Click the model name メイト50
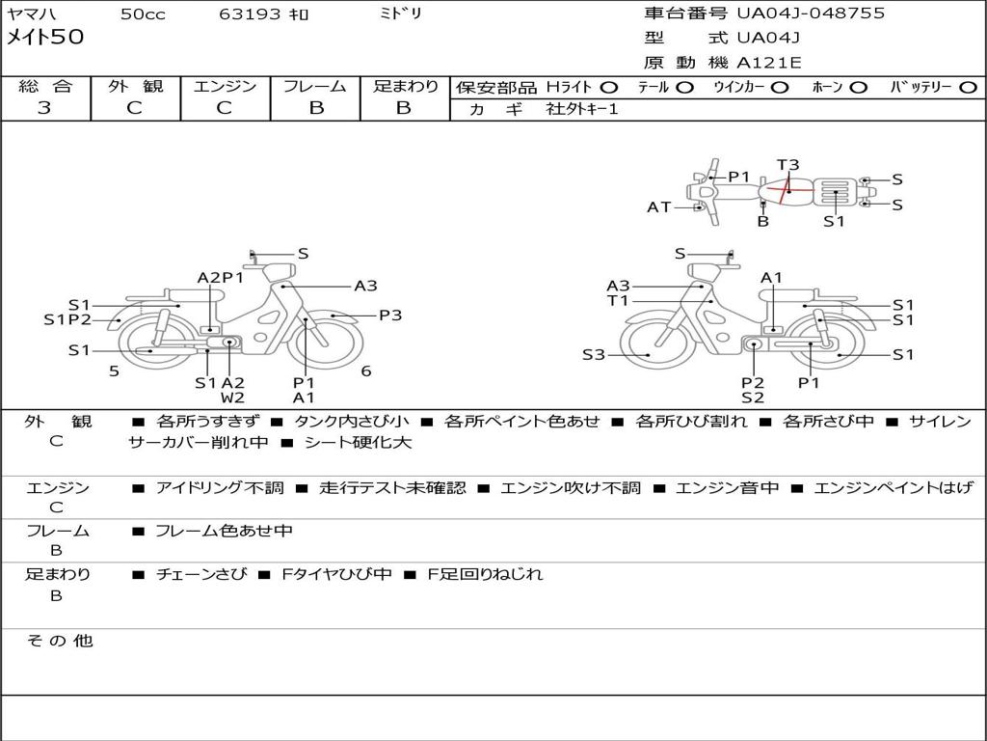46,38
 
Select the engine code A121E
768,64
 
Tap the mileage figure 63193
250,14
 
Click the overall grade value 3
44,108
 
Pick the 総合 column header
45,87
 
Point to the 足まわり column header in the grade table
405,87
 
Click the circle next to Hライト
609,87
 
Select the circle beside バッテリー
968,87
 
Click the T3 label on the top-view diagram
787,165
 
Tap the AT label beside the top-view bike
659,206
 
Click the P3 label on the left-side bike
389,315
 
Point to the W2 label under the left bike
232,398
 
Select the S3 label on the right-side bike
594,355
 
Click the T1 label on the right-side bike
618,301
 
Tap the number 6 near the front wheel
366,371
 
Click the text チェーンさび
200,574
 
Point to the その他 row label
59,641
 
